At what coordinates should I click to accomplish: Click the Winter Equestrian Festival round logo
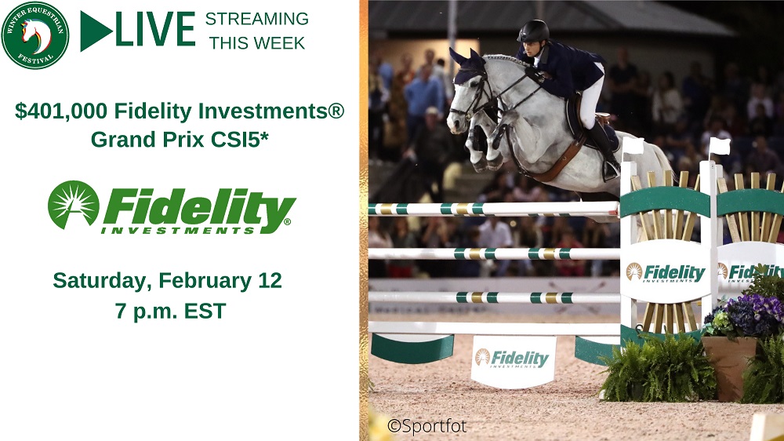(35, 35)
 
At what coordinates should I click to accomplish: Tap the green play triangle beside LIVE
(96, 31)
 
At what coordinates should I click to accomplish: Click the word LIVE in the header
(155, 30)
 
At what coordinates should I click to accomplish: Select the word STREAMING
(257, 19)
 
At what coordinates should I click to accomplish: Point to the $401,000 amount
(61, 111)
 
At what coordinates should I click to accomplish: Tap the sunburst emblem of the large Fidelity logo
(74, 205)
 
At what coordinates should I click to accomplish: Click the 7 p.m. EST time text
(170, 311)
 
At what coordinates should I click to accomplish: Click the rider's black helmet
(533, 31)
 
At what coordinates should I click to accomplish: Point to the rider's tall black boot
(602, 149)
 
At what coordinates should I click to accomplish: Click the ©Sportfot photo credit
(427, 426)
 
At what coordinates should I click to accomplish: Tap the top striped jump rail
(493, 209)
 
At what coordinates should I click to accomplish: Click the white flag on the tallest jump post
(720, 147)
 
